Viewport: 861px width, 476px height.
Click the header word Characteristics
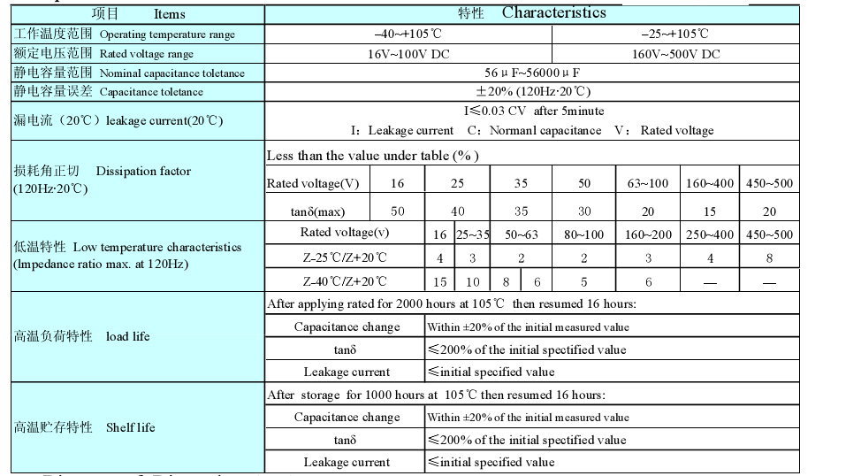point(554,12)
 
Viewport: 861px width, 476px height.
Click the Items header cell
point(169,13)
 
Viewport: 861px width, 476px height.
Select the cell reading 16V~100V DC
point(408,53)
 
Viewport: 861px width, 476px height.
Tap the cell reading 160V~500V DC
point(675,53)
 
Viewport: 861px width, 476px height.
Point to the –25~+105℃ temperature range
point(675,34)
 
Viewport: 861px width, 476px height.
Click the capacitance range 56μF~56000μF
point(532,72)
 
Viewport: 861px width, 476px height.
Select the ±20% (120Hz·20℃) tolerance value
point(532,91)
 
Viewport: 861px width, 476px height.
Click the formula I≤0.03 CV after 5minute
point(534,111)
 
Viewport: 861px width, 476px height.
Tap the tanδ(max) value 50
point(398,211)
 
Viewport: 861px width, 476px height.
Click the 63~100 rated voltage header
point(648,183)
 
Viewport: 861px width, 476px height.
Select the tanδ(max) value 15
point(709,211)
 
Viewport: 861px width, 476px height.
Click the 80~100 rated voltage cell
point(584,234)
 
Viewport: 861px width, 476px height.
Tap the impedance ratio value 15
point(440,281)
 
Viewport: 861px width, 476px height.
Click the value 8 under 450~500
point(769,258)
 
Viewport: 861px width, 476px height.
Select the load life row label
point(128,336)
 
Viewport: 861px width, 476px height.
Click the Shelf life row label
point(130,427)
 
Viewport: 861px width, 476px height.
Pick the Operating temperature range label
point(167,35)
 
